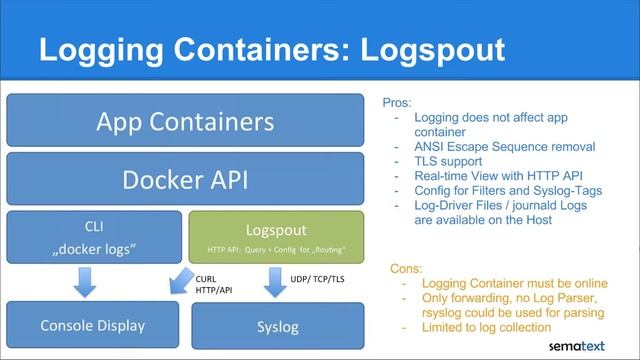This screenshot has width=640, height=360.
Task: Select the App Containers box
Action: [x=185, y=121]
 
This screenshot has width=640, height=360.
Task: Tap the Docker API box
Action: [x=185, y=180]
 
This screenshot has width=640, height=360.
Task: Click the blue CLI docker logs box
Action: [x=93, y=236]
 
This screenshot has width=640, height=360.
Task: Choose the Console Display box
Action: [x=93, y=324]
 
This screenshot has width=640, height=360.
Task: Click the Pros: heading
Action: [x=398, y=102]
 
